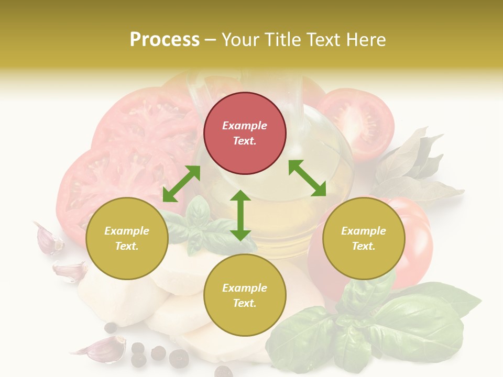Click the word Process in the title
[165, 40]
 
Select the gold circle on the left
[127, 238]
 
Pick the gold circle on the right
[363, 238]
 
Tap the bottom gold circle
[245, 295]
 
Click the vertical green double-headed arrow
[240, 215]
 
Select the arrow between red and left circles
[181, 183]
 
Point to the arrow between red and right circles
[307, 178]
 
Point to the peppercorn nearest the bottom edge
[224, 371]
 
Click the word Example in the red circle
[245, 126]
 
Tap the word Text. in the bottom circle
[245, 303]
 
